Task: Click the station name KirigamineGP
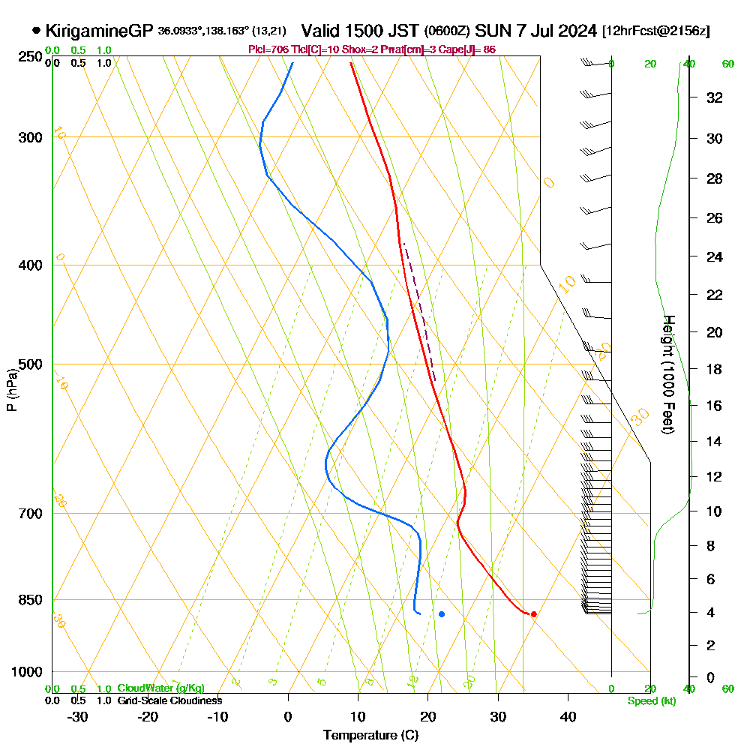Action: [x=100, y=31]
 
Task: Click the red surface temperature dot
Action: [x=533, y=614]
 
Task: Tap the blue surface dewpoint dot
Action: [x=442, y=614]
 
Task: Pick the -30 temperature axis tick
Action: [x=78, y=716]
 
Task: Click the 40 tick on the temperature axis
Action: [x=568, y=716]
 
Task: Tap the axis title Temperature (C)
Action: [x=370, y=736]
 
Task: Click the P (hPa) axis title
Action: [x=11, y=390]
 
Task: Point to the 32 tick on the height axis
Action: [x=715, y=97]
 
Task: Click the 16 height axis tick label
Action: [x=715, y=405]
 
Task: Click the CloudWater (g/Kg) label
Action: [x=160, y=688]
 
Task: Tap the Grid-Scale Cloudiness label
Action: [x=169, y=700]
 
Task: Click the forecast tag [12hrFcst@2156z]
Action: [x=656, y=31]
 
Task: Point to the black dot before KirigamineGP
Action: [x=36, y=31]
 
